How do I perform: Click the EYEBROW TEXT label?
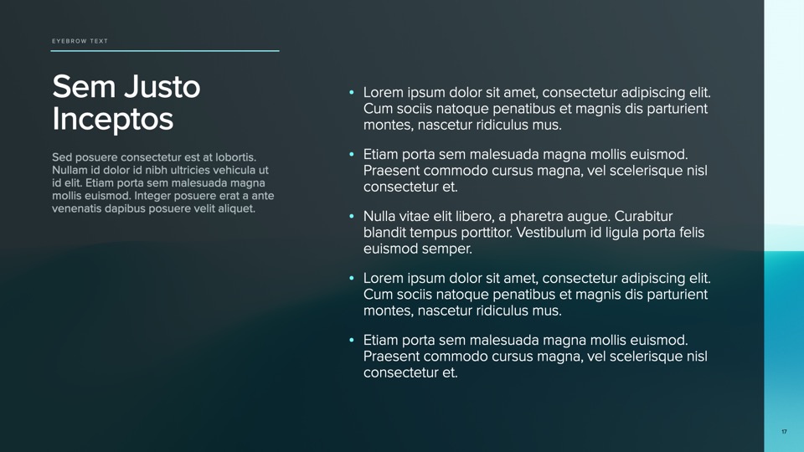click(x=80, y=41)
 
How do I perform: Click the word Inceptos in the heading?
click(x=112, y=119)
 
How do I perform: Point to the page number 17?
click(x=784, y=432)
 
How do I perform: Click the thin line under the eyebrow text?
click(x=164, y=51)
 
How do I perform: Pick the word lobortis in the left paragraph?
click(x=232, y=157)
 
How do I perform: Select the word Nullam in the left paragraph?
click(x=71, y=170)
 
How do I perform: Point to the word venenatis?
click(x=77, y=208)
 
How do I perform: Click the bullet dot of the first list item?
click(x=352, y=92)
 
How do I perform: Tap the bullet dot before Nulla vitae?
click(x=352, y=216)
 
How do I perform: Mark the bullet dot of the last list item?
click(x=352, y=340)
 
